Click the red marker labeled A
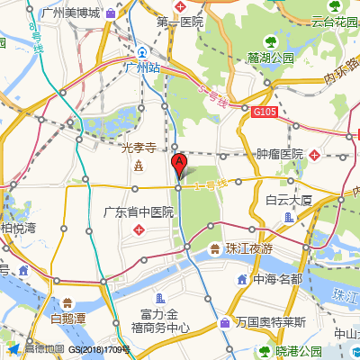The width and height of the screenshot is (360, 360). point(178,165)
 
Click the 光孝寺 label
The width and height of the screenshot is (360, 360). point(139,148)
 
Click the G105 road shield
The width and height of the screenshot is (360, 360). point(264,112)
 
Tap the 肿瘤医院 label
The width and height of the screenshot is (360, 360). point(280,155)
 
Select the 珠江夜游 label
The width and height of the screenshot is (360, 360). point(248,248)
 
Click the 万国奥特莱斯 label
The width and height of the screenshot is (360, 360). point(271,322)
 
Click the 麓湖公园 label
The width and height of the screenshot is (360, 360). point(271,58)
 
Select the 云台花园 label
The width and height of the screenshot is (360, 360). point(330,22)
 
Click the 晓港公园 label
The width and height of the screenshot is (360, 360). point(298,351)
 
